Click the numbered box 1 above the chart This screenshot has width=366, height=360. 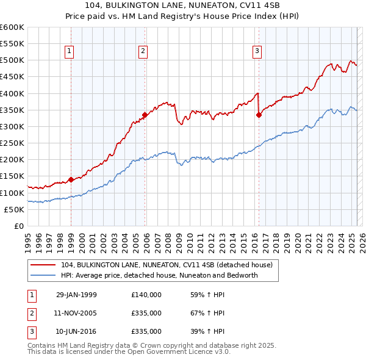(x=70, y=52)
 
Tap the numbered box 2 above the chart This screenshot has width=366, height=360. (x=143, y=52)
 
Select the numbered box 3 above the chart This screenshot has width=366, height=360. (x=257, y=52)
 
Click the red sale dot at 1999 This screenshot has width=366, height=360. (x=71, y=179)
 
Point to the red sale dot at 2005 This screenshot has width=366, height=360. (x=145, y=115)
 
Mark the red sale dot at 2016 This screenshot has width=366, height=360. (x=259, y=115)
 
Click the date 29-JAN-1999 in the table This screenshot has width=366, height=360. (x=76, y=295)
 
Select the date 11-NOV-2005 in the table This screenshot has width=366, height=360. (x=76, y=313)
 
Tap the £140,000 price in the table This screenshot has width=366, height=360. (x=146, y=295)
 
